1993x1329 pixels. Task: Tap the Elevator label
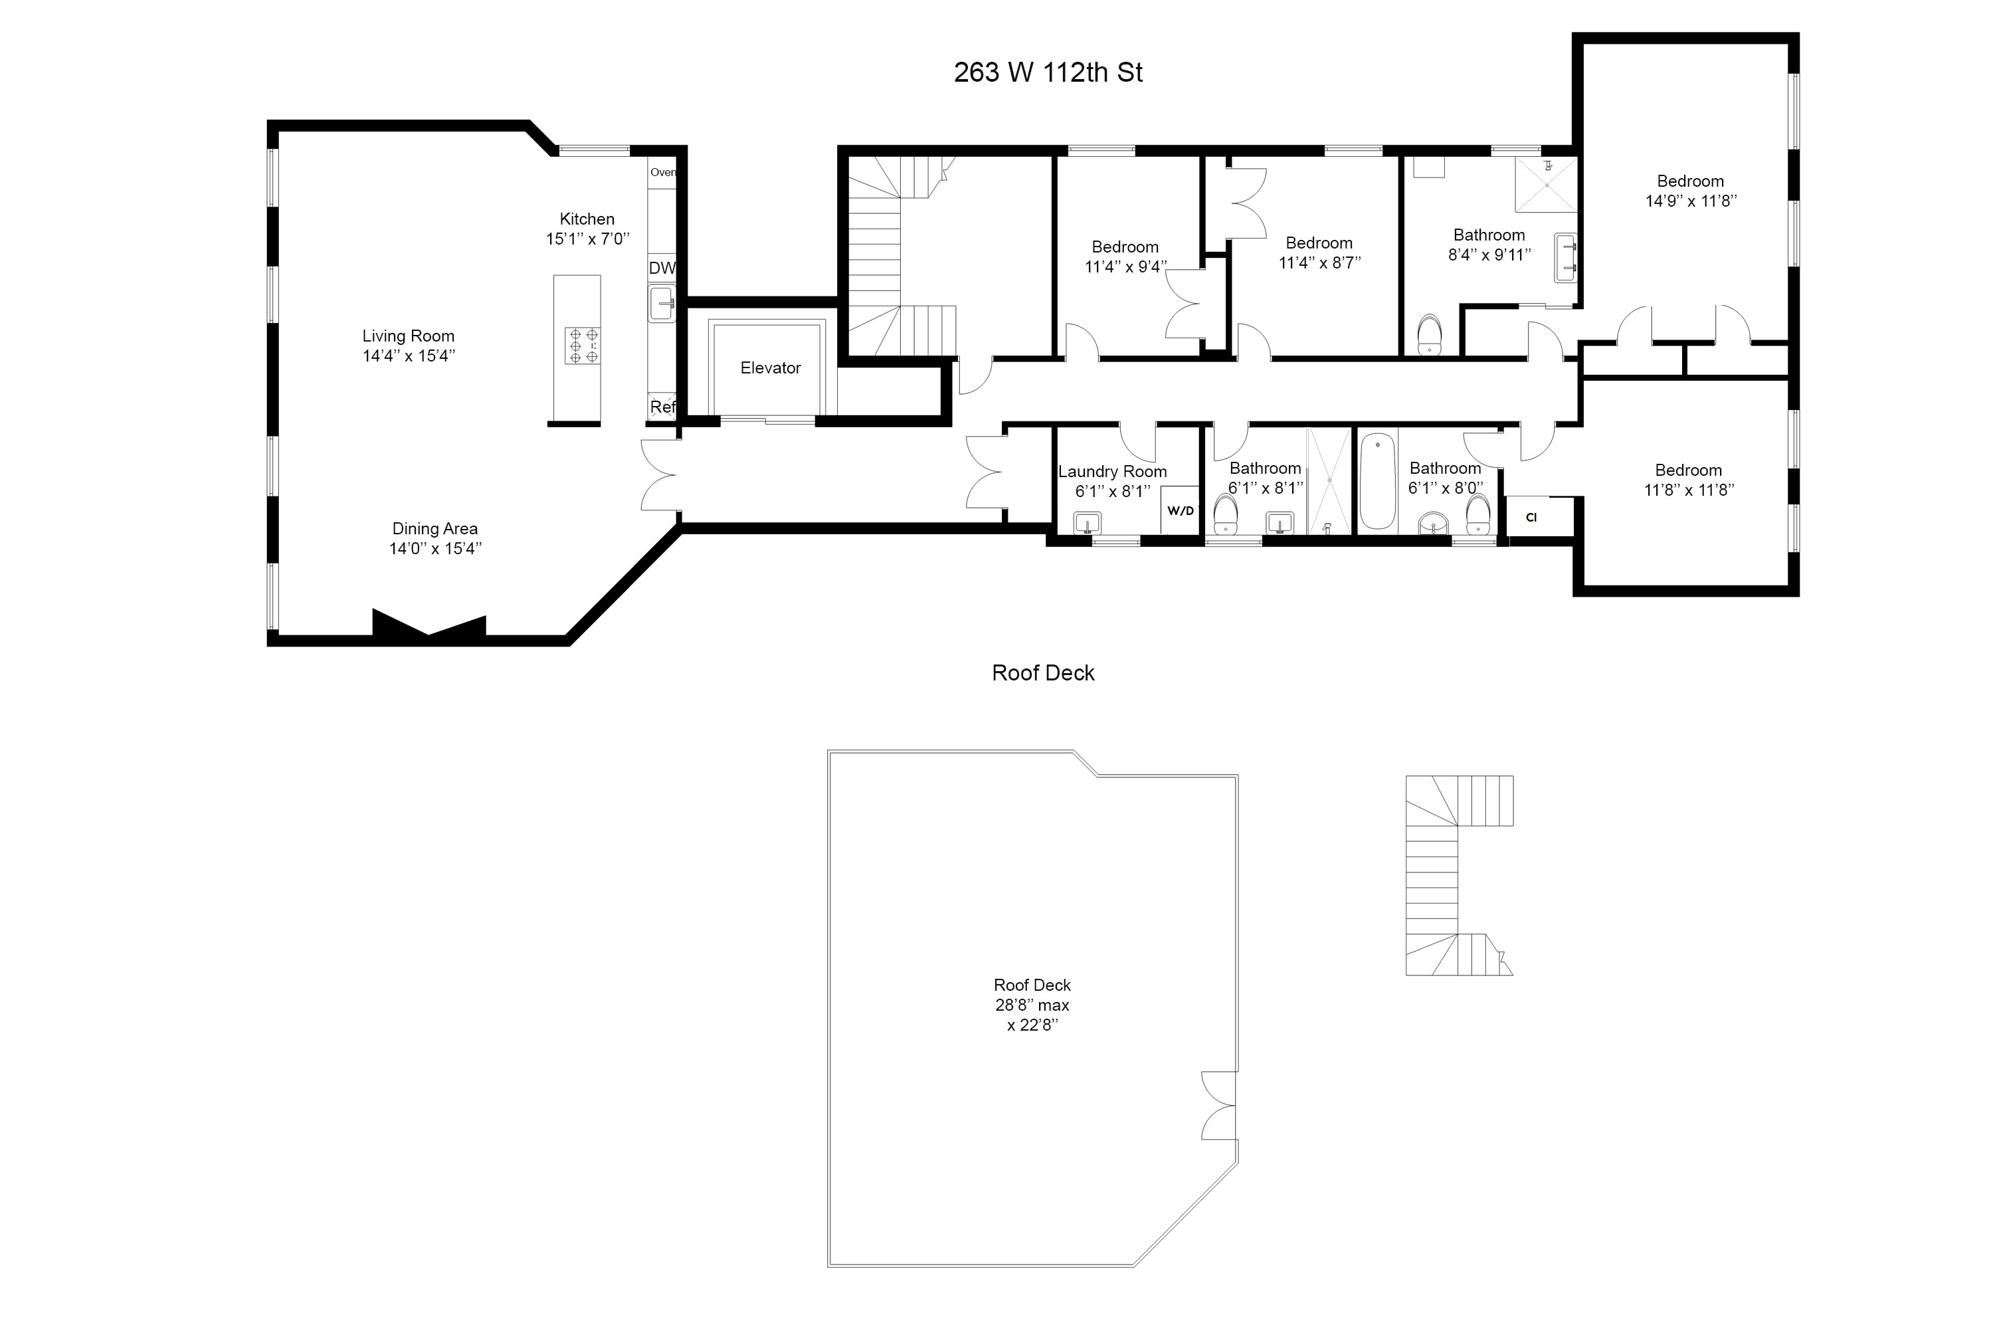click(769, 368)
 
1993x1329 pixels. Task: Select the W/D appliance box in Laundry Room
click(1180, 510)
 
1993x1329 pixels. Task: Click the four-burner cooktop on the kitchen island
click(583, 346)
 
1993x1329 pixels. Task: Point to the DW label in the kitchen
click(662, 268)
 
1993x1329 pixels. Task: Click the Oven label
click(662, 172)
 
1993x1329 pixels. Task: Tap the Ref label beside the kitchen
click(662, 407)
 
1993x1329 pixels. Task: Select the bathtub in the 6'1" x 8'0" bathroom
click(1378, 480)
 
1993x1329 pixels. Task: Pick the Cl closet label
click(1531, 517)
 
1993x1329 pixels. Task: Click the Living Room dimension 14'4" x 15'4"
click(409, 356)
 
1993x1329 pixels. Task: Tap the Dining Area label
click(434, 529)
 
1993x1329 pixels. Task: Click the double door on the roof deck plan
click(1218, 1105)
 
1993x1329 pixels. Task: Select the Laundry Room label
click(1111, 471)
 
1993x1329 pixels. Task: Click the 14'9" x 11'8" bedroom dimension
click(1691, 201)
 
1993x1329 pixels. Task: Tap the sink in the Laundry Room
click(1086, 522)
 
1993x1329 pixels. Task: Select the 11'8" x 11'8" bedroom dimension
click(1689, 490)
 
